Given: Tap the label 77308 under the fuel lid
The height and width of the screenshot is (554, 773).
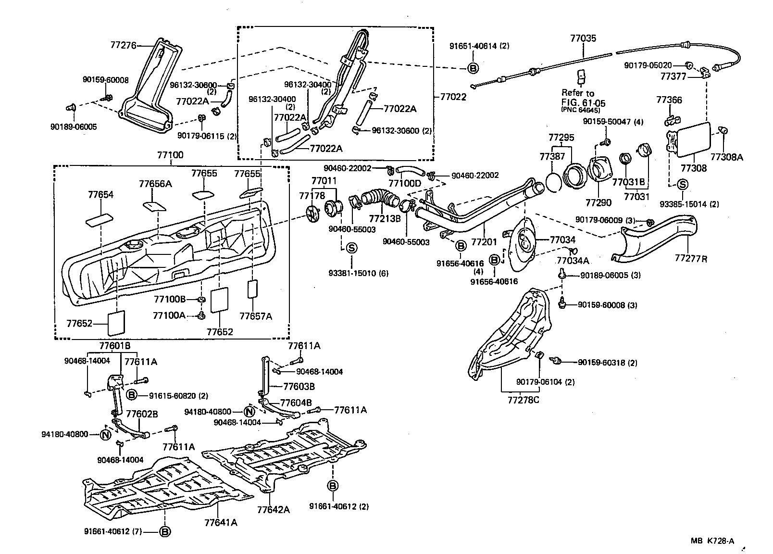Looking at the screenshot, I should [x=693, y=168].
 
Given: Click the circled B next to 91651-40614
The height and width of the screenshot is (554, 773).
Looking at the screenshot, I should [x=473, y=68].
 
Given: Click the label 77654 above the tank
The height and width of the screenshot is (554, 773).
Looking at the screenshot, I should [x=100, y=194].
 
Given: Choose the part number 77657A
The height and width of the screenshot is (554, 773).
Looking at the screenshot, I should [x=256, y=316].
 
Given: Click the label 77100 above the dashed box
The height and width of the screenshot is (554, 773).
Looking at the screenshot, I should [x=170, y=155].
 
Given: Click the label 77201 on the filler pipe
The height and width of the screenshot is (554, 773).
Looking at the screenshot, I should [x=484, y=242].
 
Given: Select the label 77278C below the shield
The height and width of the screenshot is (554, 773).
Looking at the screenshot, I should [x=524, y=399].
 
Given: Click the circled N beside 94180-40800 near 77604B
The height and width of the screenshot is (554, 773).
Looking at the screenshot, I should [x=249, y=412].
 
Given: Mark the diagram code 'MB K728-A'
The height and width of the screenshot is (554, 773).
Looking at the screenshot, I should [x=712, y=541].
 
